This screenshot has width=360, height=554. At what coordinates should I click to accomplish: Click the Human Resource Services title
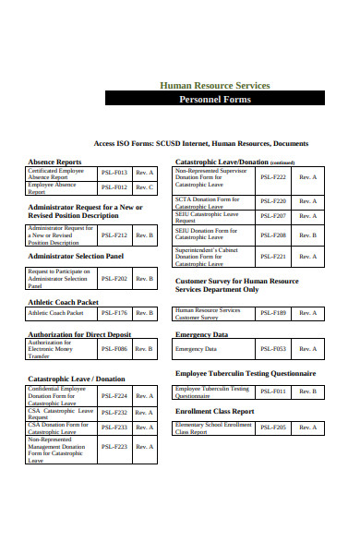pos(215,85)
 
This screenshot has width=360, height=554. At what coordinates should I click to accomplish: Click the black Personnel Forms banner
pos(214,98)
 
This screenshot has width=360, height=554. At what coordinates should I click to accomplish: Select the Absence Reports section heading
pos(54,162)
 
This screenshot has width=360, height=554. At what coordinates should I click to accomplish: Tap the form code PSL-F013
pos(114,172)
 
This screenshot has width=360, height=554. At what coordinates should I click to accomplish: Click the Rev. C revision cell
pos(145,187)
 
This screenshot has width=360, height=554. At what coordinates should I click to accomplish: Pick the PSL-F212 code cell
pos(114,235)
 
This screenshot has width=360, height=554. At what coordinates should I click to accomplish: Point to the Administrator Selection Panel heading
pos(76,256)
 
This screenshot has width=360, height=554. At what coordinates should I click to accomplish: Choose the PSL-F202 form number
pos(114,278)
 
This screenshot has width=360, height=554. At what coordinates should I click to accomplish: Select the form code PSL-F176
pos(114,313)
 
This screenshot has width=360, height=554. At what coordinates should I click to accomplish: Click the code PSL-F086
pos(114,349)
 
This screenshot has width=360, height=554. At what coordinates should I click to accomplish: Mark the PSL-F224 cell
pos(114,395)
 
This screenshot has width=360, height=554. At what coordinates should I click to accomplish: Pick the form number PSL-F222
pos(273,176)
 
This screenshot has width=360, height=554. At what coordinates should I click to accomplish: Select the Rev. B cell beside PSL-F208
pos(307,235)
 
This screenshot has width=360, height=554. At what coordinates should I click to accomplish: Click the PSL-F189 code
pos(273,313)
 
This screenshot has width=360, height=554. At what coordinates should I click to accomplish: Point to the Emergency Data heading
pos(201,334)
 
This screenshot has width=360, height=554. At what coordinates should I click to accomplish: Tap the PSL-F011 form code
pos(273,391)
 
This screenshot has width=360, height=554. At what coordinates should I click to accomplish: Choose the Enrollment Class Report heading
pos(214,411)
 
